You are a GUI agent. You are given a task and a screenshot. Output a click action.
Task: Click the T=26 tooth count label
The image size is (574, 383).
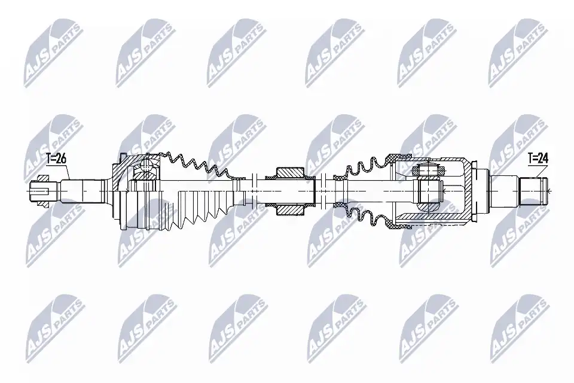[x=56, y=159]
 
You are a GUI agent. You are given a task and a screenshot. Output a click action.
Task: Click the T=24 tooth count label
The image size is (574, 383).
[x=538, y=159]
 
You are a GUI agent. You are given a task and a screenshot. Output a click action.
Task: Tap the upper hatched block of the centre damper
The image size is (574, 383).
[x=290, y=172]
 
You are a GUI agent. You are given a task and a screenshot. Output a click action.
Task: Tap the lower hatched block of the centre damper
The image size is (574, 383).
[x=290, y=210]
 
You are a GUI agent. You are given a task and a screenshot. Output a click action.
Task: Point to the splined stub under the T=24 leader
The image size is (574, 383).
[x=533, y=191]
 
